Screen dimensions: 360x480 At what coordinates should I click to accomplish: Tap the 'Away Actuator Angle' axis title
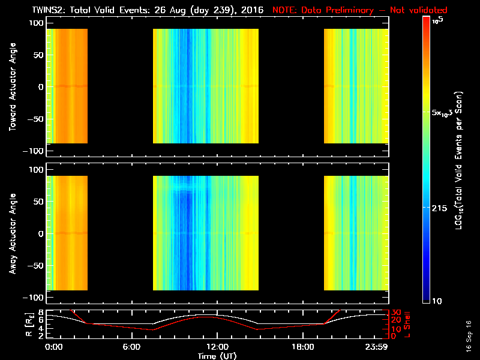[x=13, y=233]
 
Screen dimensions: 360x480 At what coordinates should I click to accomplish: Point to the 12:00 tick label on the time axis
[x=217, y=346]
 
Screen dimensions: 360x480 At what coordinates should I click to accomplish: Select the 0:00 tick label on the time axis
[x=53, y=346]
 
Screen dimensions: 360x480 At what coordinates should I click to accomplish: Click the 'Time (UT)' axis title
[x=217, y=355]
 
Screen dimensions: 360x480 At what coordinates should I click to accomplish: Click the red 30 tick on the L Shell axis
[x=395, y=313]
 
